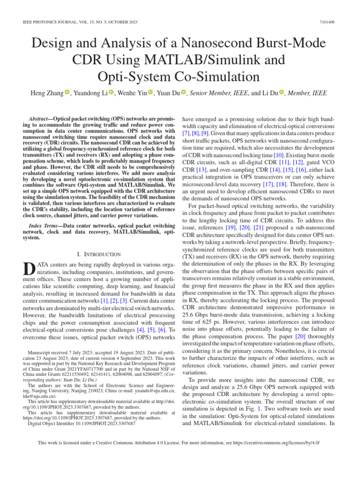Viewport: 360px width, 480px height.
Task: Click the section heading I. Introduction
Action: (98, 254)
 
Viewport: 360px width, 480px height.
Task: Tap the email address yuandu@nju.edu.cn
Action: (154, 390)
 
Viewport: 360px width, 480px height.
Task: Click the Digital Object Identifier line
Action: (82, 423)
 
